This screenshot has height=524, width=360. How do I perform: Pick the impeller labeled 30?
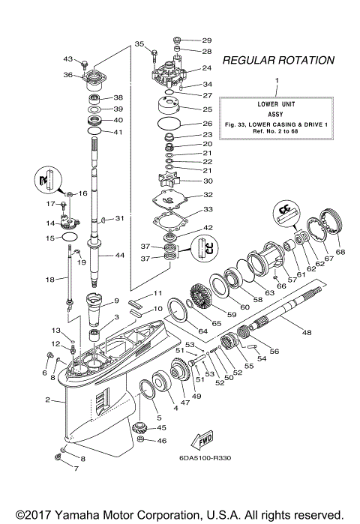tap(166, 181)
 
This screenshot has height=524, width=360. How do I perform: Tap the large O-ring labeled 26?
tap(169, 123)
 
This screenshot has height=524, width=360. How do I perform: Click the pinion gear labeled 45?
tap(142, 428)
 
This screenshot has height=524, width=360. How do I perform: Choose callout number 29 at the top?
tap(207, 40)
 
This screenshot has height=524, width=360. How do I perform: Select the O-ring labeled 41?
tap(94, 132)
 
